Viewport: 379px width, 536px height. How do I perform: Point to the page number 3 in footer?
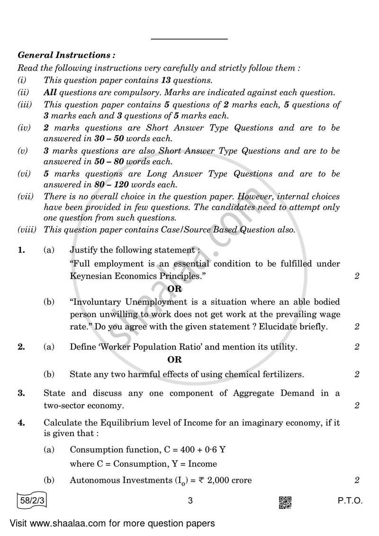click(x=189, y=501)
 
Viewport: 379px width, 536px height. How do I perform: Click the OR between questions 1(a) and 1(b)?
click(x=174, y=289)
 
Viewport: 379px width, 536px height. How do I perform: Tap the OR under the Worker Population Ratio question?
click(x=174, y=360)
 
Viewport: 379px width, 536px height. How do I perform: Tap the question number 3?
click(x=21, y=393)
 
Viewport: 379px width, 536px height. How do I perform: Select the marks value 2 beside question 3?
click(x=357, y=406)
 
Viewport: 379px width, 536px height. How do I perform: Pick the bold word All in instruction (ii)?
click(x=50, y=93)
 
